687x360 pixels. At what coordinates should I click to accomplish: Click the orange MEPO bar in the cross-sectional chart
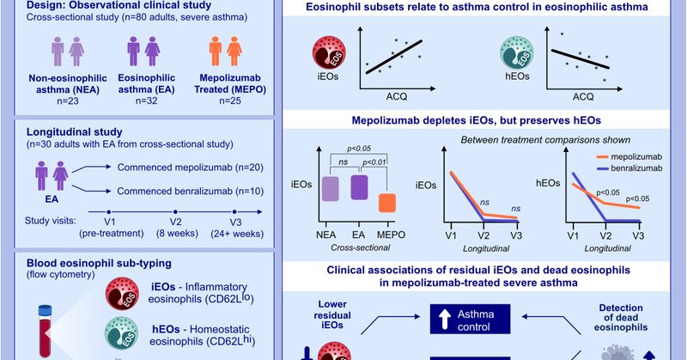click(386, 204)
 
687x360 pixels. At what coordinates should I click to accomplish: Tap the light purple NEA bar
click(329, 189)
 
